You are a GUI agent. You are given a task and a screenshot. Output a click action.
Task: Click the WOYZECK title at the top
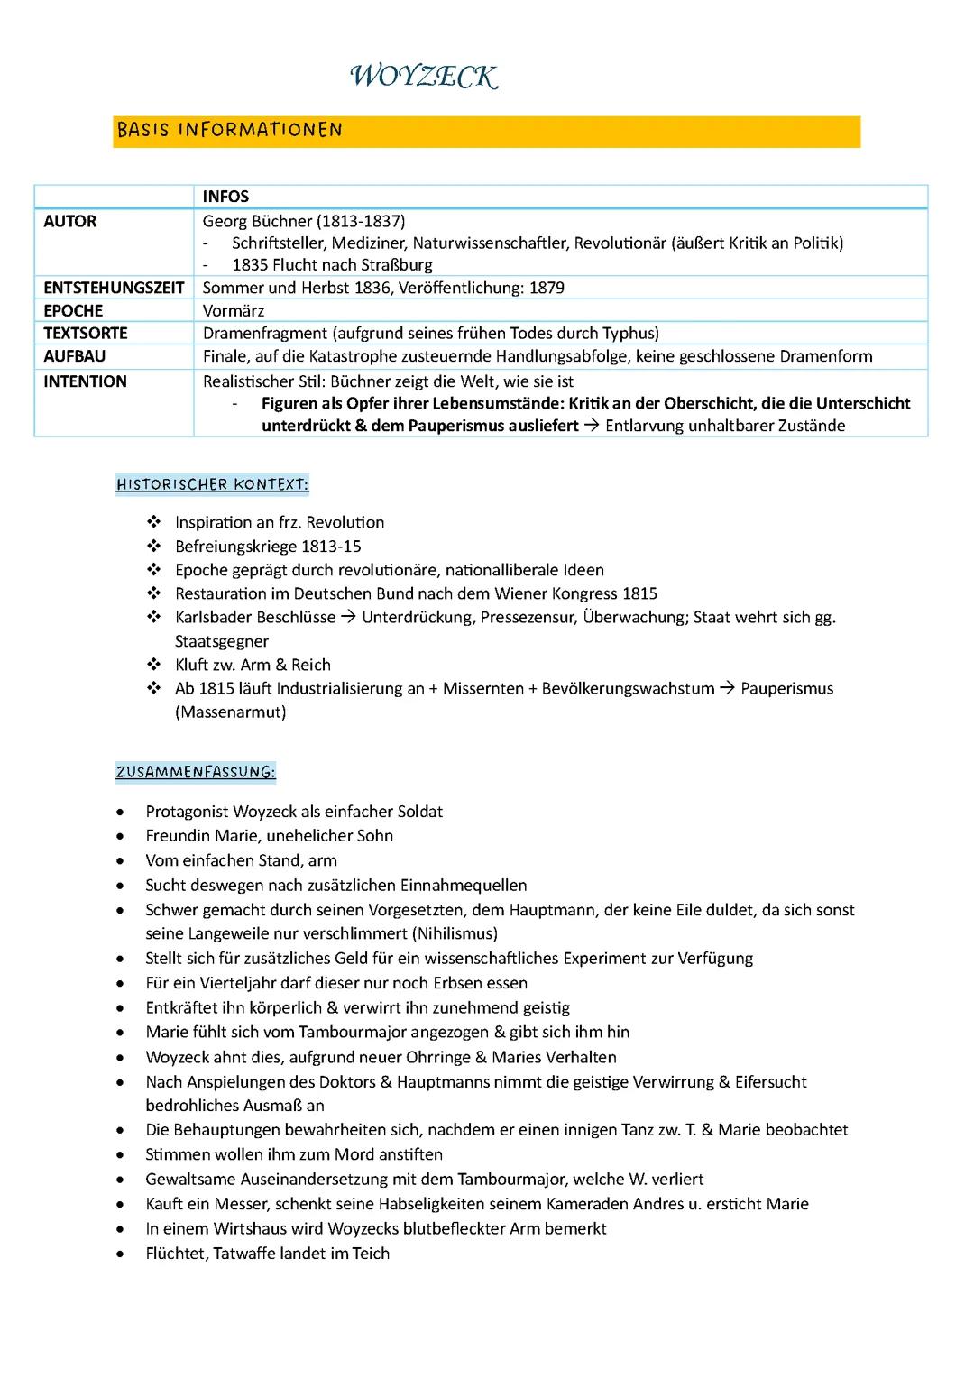click(x=422, y=78)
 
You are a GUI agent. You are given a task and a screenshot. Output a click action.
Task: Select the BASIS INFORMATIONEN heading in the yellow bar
click(x=229, y=130)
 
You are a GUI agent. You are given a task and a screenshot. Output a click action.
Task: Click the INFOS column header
click(x=225, y=197)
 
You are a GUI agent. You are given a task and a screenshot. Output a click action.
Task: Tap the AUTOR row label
click(x=69, y=222)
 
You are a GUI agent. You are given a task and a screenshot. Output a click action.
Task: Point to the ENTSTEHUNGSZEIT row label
click(x=113, y=288)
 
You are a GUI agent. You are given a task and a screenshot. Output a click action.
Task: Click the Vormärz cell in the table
click(x=234, y=311)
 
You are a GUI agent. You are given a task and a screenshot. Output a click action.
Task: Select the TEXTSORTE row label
click(x=85, y=333)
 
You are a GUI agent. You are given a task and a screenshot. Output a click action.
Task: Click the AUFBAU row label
click(x=74, y=356)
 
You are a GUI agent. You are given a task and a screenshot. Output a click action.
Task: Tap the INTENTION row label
click(x=85, y=381)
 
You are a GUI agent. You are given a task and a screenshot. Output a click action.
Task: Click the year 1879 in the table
click(x=547, y=288)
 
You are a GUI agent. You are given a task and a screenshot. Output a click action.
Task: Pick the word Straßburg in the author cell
click(x=397, y=265)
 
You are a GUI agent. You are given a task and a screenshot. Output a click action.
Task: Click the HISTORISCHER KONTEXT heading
click(x=212, y=485)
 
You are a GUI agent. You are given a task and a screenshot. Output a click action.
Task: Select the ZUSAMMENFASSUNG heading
click(x=196, y=772)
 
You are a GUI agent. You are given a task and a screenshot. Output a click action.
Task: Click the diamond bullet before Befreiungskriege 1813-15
click(x=153, y=547)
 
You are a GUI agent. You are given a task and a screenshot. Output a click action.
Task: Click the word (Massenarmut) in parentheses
click(x=231, y=712)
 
